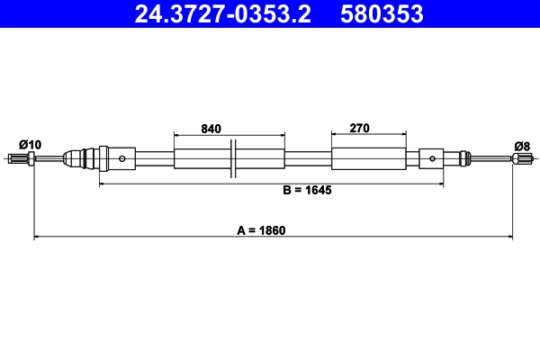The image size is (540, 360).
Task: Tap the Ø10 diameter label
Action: tap(30, 144)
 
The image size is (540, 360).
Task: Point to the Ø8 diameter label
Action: tap(521, 145)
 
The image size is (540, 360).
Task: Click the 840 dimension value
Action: tap(211, 129)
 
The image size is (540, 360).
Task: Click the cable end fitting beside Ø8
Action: tap(520, 159)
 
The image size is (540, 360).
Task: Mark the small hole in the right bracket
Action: tap(433, 159)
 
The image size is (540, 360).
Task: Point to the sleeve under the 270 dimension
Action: tap(368, 159)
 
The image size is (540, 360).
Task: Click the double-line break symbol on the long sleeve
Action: tap(233, 159)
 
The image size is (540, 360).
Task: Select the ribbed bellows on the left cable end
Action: tap(85, 159)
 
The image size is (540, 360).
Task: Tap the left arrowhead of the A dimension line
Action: tap(37, 238)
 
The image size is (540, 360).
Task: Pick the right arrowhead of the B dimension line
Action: tap(441, 184)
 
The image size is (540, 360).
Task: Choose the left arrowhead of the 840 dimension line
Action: tap(177, 135)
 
